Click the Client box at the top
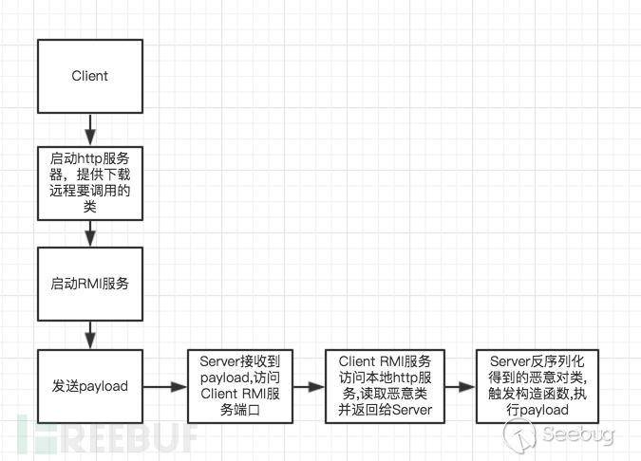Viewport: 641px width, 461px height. [90, 76]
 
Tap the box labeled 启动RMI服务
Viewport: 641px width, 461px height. [90, 283]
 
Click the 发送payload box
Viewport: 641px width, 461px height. [90, 386]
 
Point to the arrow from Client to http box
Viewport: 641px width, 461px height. [90, 127]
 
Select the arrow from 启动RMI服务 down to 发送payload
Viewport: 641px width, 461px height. [90, 334]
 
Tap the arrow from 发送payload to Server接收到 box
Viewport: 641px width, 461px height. [165, 386]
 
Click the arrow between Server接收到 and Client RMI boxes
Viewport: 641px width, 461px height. [310, 386]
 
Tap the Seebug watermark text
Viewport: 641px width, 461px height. [578, 433]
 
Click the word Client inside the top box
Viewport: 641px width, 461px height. [90, 76]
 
